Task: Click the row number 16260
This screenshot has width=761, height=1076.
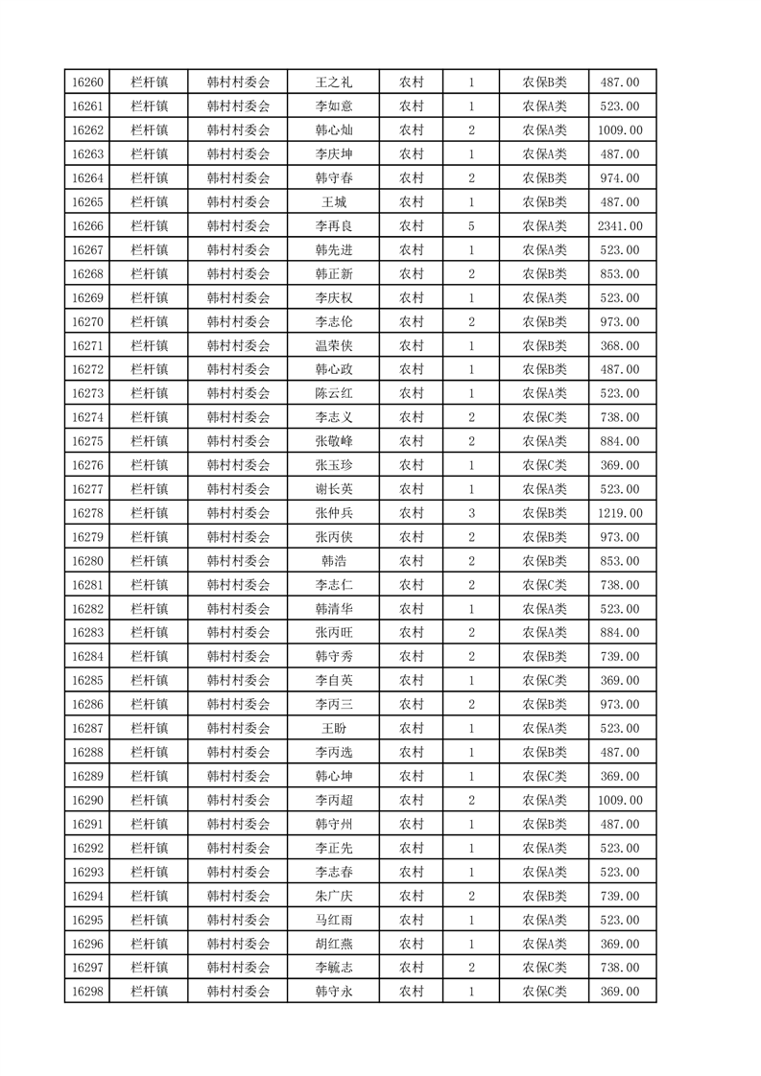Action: pyautogui.click(x=86, y=82)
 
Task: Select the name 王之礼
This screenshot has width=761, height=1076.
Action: pyautogui.click(x=334, y=82)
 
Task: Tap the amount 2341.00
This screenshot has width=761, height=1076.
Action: pyautogui.click(x=619, y=226)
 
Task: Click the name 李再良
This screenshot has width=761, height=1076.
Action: pyautogui.click(x=334, y=226)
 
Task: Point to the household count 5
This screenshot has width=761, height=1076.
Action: pyautogui.click(x=471, y=226)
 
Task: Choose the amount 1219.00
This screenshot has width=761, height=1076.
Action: pyautogui.click(x=619, y=513)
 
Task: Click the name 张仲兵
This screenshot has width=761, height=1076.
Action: pyautogui.click(x=334, y=513)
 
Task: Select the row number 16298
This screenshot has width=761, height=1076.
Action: pyautogui.click(x=86, y=992)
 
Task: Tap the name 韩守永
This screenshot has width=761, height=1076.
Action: pyautogui.click(x=334, y=992)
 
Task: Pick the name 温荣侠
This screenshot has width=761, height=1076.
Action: pyautogui.click(x=334, y=346)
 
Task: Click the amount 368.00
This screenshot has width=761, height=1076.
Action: pyautogui.click(x=619, y=346)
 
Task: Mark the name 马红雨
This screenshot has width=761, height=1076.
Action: pyautogui.click(x=334, y=920)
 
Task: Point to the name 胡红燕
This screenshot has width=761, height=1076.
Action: pyautogui.click(x=334, y=944)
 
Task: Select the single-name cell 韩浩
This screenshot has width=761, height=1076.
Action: pyautogui.click(x=334, y=561)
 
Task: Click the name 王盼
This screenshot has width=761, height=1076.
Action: pyautogui.click(x=334, y=729)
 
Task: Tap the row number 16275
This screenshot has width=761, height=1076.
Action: pyautogui.click(x=86, y=441)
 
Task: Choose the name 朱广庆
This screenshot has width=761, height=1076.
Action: pyautogui.click(x=334, y=896)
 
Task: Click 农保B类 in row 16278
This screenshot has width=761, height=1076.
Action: pyautogui.click(x=544, y=513)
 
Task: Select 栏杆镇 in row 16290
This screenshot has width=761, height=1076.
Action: pyautogui.click(x=149, y=800)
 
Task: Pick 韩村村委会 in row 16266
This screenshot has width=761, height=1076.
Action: pyautogui.click(x=238, y=226)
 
